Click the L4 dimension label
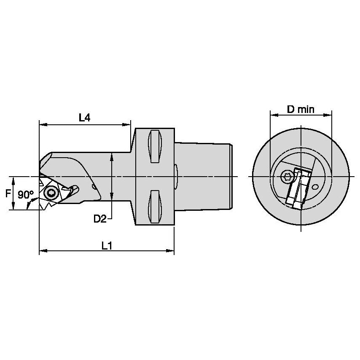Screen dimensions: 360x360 [x=84, y=118]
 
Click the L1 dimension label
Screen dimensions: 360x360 [x=107, y=245]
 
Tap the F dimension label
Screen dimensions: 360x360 [x=7, y=193]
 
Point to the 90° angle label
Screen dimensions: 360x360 [x=26, y=195]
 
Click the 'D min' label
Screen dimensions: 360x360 [x=301, y=109]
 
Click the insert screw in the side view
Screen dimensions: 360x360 [x=51, y=193]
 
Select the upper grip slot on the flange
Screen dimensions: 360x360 [x=155, y=146]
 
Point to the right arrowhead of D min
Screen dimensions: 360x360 [x=329, y=114]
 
